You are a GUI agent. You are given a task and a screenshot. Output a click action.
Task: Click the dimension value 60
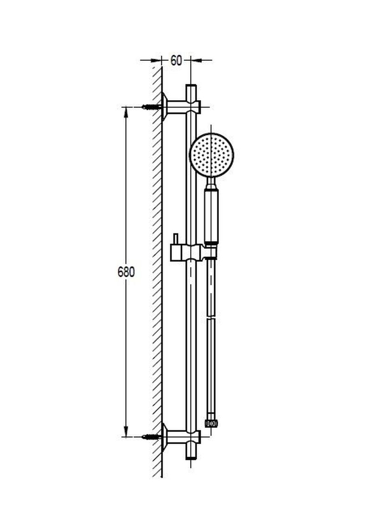point(176,61)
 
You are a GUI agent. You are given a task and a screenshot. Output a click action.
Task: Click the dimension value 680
point(126,272)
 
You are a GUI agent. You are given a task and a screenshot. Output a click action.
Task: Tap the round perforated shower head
point(211,155)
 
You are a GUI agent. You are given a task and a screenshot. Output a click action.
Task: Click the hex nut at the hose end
point(211,423)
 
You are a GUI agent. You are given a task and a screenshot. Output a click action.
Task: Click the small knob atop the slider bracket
point(175,239)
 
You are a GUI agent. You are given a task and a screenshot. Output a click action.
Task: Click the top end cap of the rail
point(191,89)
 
